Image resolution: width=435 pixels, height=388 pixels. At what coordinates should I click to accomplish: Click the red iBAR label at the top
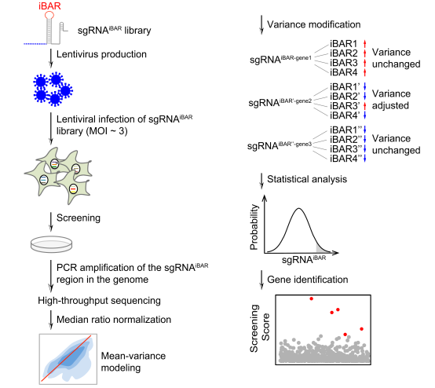(49, 5)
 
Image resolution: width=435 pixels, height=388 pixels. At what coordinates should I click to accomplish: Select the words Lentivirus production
(101, 54)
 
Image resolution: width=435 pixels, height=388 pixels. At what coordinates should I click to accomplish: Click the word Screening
(79, 218)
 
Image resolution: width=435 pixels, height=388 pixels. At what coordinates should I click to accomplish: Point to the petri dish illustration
(51, 244)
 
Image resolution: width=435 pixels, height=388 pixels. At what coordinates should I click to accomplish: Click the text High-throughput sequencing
(99, 301)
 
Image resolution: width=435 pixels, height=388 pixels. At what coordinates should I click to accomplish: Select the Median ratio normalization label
(114, 320)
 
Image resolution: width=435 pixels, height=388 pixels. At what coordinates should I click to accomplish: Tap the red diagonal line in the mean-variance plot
(66, 358)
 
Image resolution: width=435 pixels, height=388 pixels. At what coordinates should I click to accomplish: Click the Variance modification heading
(314, 24)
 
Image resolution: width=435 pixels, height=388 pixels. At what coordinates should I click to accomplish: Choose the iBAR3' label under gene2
(345, 106)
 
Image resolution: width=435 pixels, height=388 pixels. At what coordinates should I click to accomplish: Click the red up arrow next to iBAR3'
(365, 106)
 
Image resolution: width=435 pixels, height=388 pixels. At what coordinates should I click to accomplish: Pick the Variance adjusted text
(391, 100)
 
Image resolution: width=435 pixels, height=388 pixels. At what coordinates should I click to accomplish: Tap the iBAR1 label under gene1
(343, 44)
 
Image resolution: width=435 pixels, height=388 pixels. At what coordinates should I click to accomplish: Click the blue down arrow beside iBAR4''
(365, 158)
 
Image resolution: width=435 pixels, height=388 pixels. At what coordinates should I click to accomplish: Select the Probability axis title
(254, 227)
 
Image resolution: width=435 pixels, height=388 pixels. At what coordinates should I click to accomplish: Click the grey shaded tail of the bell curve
(320, 249)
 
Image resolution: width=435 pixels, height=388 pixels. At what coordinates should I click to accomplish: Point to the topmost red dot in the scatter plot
(312, 298)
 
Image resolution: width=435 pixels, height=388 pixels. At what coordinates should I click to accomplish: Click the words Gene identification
(307, 280)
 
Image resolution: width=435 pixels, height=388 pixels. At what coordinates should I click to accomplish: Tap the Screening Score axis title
(260, 328)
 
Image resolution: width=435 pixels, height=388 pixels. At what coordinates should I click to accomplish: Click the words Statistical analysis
(307, 179)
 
